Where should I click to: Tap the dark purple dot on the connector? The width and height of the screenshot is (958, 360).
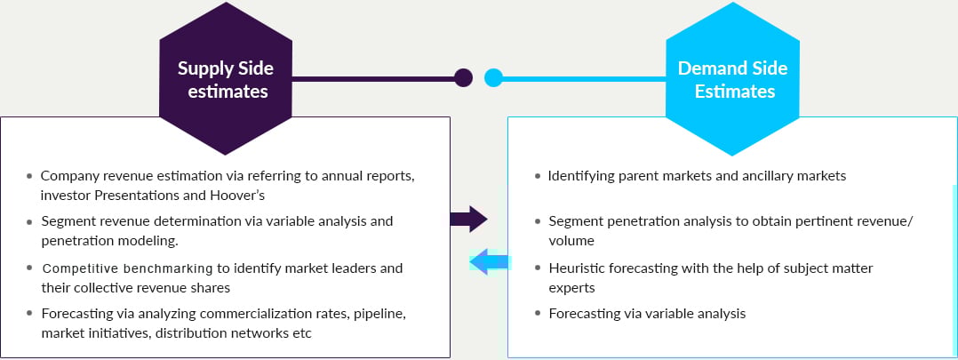463,78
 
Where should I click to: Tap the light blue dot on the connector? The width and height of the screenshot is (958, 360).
493,78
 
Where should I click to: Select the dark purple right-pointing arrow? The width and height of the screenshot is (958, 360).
468,219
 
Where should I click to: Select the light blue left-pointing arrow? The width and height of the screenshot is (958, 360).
489,261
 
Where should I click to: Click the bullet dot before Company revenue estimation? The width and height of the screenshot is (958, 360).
30,177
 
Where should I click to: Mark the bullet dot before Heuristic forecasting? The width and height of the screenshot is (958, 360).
539,268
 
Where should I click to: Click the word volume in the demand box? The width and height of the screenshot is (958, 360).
571,240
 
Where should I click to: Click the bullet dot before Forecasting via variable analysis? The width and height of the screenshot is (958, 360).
539,314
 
